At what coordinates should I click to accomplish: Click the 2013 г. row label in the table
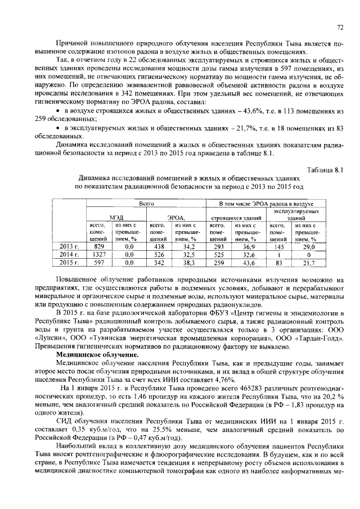69,246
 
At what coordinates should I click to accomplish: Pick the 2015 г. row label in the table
69,262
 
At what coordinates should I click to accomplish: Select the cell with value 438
158,246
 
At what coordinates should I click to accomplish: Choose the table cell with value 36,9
249,246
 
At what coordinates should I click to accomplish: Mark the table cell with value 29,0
308,246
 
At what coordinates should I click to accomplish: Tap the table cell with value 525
218,254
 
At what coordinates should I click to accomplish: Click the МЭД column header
115,217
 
